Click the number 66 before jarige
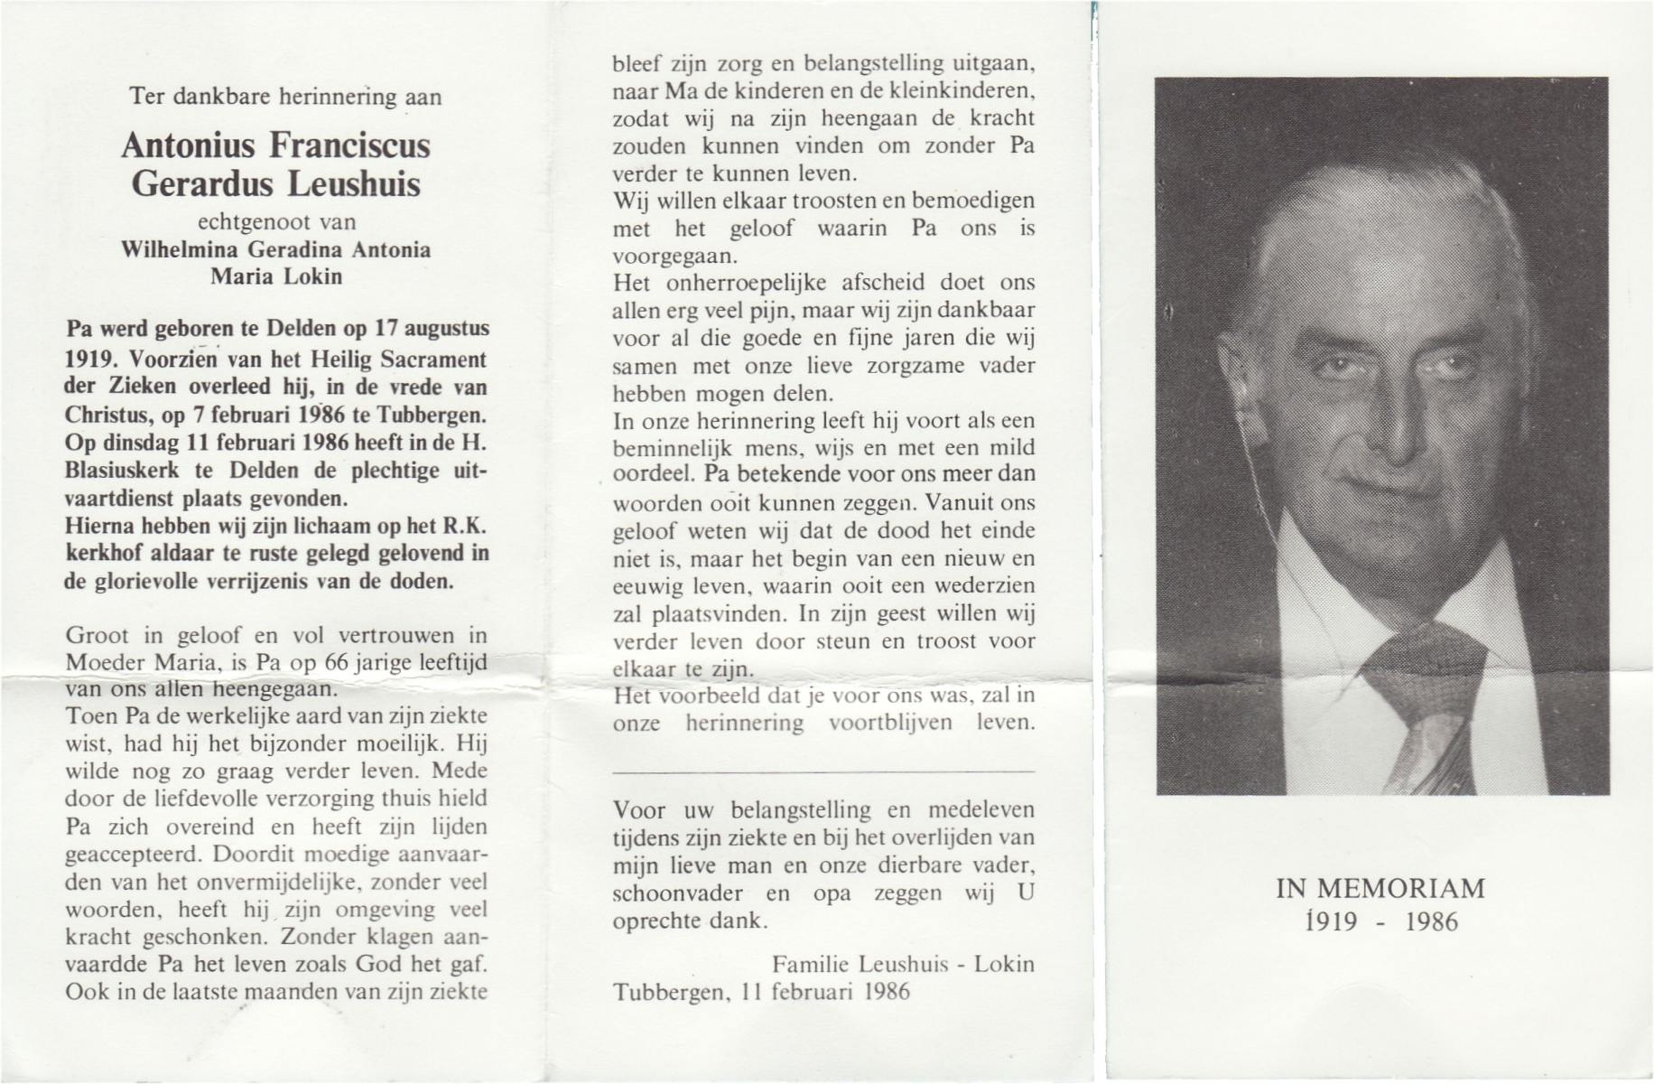[336, 662]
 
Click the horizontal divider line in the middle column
[823, 772]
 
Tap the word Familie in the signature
[808, 964]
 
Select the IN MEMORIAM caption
[1380, 889]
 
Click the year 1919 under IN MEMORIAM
[1331, 921]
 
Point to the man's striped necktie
[1426, 705]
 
